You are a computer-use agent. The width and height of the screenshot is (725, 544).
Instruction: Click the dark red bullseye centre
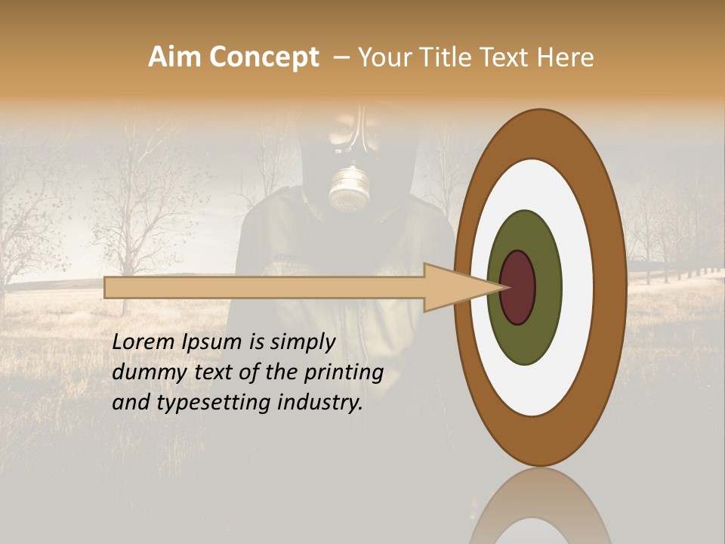click(x=517, y=287)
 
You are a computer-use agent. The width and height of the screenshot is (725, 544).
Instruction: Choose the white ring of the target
click(x=578, y=287)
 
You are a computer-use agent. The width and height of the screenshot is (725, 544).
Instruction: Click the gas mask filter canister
click(x=347, y=188)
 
